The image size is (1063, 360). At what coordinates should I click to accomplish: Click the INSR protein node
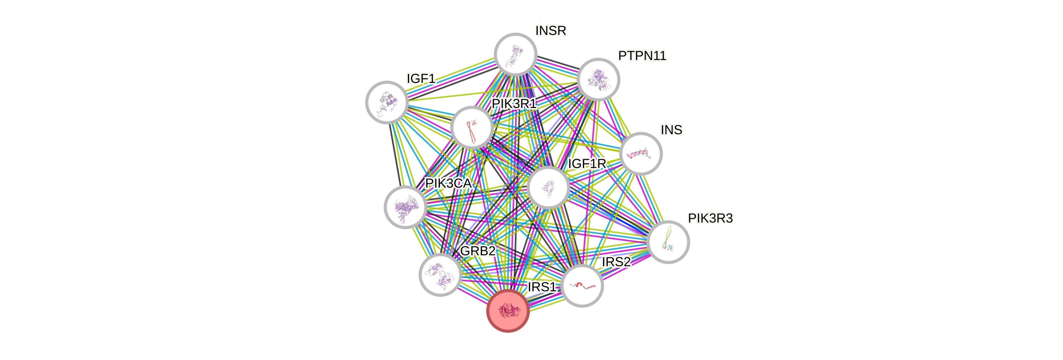coord(515,54)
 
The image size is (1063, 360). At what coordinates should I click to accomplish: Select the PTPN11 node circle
coord(598,79)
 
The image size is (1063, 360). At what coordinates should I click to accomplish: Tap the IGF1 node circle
coord(387,102)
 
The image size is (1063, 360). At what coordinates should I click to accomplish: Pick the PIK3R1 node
coord(472,127)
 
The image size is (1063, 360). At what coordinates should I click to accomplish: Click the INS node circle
coord(641,153)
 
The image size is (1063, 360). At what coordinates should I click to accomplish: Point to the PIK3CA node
coord(405,207)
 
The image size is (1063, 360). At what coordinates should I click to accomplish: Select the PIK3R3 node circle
coord(668,242)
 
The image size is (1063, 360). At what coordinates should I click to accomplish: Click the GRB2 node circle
coord(440,275)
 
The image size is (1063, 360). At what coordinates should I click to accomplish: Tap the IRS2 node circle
coord(582,286)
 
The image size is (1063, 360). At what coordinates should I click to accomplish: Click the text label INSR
coord(551,30)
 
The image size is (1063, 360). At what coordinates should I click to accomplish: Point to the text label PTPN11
coord(642,55)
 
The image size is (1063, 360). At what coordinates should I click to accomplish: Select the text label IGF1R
coord(587,164)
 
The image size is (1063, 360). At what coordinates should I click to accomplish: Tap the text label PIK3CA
coord(448,183)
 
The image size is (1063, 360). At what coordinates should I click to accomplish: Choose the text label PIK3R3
coord(710,218)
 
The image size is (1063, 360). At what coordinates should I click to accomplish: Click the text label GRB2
coord(478,251)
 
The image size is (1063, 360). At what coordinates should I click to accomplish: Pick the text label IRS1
coord(542,286)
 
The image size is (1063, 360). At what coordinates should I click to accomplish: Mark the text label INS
coord(671,130)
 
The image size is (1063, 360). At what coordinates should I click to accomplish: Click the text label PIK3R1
coord(514,104)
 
